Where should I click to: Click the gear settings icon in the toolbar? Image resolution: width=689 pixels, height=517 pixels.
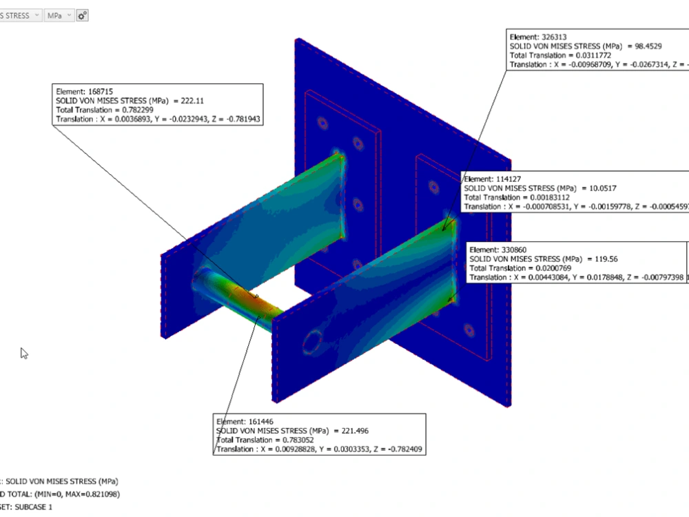click(83, 15)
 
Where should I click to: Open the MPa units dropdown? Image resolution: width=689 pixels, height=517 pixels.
click(59, 15)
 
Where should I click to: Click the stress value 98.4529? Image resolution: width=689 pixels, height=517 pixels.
click(648, 45)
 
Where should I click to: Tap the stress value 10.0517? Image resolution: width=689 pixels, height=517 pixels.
click(602, 187)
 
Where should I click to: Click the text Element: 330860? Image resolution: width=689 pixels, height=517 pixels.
click(498, 250)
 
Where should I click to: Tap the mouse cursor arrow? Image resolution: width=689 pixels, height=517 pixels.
click(24, 354)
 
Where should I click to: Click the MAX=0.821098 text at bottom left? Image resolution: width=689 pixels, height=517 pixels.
click(83, 494)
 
